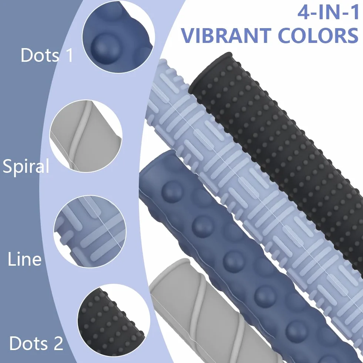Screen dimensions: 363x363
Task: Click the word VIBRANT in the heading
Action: click(x=226, y=36)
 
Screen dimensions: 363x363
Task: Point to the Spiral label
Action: click(x=26, y=166)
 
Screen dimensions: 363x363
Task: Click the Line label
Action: click(x=24, y=259)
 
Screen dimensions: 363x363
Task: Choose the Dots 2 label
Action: click(x=36, y=343)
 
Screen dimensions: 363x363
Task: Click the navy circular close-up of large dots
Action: click(x=118, y=37)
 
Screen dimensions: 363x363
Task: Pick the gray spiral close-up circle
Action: click(x=86, y=136)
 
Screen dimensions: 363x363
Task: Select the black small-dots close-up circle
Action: click(x=114, y=320)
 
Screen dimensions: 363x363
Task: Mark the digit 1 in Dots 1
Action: click(x=69, y=55)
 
